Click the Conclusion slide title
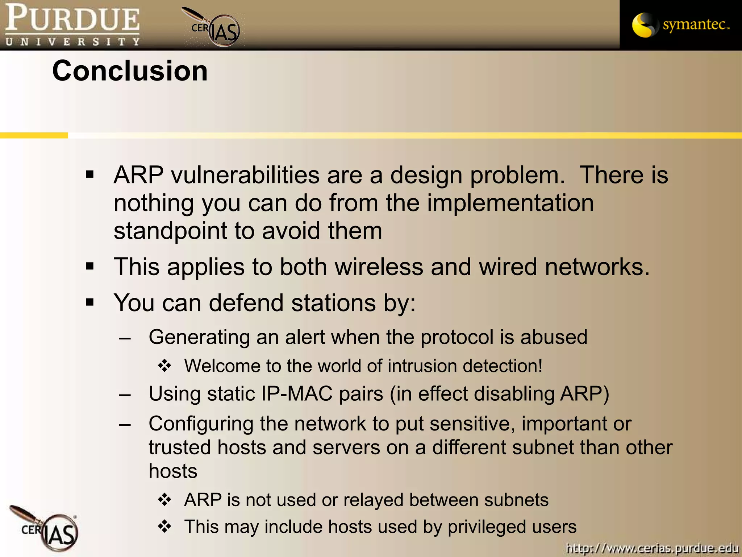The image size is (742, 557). click(130, 71)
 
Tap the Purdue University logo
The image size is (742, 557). click(72, 25)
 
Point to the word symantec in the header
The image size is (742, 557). click(695, 25)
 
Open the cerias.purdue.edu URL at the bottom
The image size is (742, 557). click(652, 548)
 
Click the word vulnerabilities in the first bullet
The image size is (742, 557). click(245, 175)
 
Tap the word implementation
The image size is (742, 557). click(510, 203)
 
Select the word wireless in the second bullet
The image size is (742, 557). click(379, 267)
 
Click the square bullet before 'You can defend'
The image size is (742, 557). click(90, 302)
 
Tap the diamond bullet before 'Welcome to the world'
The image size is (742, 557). click(164, 366)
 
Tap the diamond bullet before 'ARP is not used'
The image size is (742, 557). click(164, 500)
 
